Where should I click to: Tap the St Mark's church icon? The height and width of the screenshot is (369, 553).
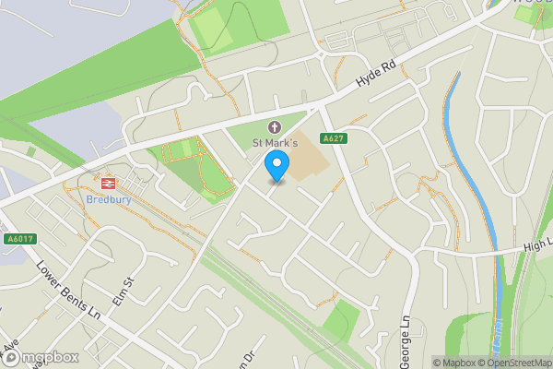click(274, 126)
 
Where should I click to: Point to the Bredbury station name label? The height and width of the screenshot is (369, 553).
click(109, 198)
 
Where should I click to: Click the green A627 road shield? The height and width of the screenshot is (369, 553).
click(334, 138)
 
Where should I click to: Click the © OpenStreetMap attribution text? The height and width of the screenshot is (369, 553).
click(518, 363)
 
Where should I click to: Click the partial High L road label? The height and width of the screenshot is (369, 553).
click(536, 244)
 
